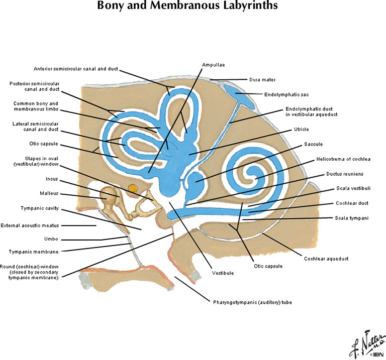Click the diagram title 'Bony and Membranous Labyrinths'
(193, 7)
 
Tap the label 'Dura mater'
(262, 79)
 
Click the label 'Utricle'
(302, 129)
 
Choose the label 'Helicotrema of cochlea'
(343, 159)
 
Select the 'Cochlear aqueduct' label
(326, 259)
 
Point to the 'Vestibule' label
(223, 273)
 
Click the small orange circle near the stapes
(133, 188)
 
